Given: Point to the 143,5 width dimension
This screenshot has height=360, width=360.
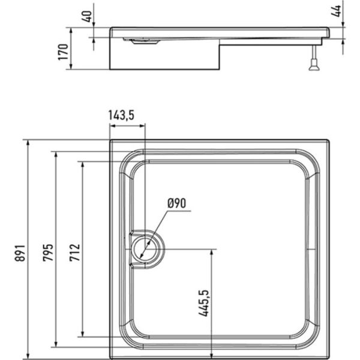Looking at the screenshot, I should click(x=125, y=114).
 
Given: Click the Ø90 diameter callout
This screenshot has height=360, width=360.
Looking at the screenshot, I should click(x=177, y=203).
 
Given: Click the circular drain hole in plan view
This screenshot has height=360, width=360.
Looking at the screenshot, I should click(x=145, y=247).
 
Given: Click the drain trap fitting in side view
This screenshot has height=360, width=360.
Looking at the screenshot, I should click(x=143, y=41).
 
